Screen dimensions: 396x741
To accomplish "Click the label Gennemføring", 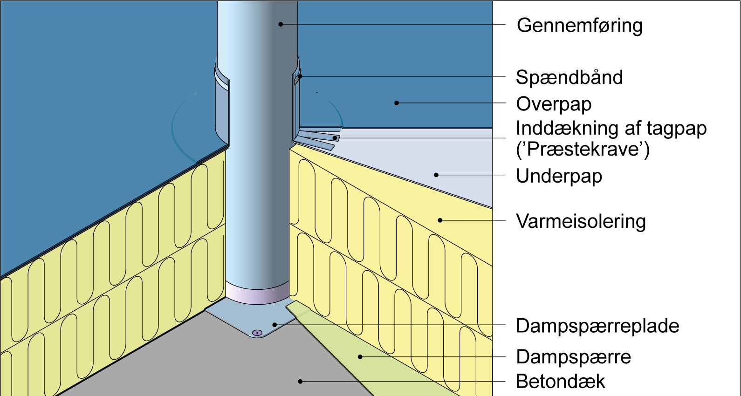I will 579,26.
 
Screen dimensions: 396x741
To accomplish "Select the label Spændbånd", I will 569,77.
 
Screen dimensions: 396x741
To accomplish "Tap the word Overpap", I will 554,104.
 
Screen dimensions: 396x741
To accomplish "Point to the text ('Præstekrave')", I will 583,150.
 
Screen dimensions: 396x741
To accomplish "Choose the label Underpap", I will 559,176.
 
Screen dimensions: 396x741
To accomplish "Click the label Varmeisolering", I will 581,221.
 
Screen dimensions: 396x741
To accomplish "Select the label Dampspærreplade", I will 597,326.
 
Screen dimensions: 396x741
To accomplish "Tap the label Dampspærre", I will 573,357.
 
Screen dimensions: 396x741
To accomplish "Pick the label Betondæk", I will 560,382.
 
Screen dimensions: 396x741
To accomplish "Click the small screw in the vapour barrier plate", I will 257,333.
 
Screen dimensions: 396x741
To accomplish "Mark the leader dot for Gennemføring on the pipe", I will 281,24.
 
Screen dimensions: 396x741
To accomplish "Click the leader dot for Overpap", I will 397,103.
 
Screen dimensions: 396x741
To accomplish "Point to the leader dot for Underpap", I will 436,175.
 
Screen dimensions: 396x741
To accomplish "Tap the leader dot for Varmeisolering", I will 440,220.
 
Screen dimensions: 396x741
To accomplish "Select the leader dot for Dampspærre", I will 360,357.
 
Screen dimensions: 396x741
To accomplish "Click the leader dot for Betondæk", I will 300,382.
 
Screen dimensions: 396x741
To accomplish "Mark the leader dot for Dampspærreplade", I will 275,325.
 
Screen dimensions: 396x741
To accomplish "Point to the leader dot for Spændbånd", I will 300,76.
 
